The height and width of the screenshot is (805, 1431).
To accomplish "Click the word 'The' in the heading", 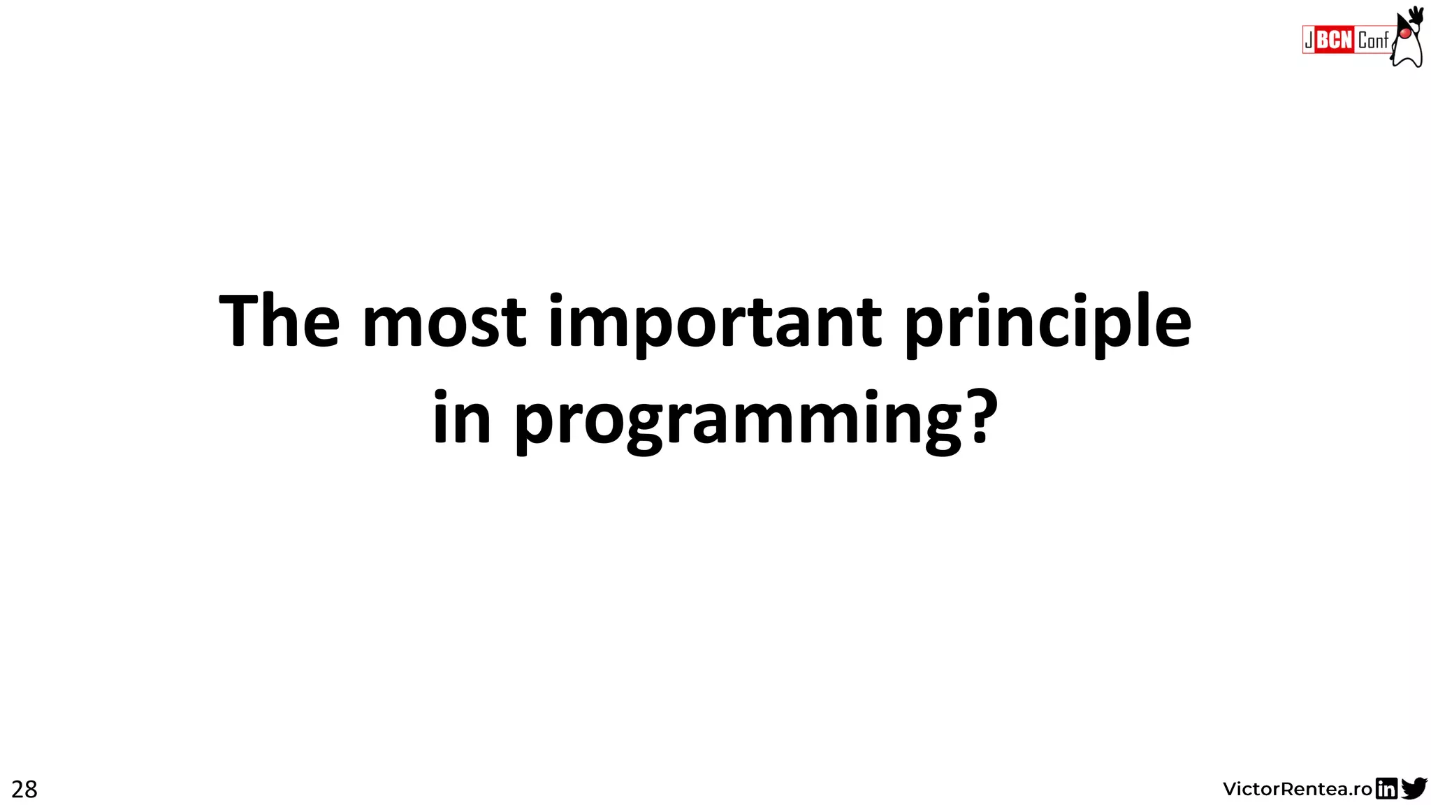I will (279, 321).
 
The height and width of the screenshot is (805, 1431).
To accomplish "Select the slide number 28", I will (24, 790).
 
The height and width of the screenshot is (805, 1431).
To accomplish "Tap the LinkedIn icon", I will (1386, 789).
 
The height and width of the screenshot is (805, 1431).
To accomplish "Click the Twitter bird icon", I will (1414, 788).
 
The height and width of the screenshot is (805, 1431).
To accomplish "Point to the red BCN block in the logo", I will (1335, 40).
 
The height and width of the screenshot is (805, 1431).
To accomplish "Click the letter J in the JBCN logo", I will (1309, 41).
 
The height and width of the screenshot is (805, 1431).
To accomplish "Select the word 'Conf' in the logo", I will (1372, 41).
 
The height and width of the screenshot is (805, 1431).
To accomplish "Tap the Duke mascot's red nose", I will (1404, 33).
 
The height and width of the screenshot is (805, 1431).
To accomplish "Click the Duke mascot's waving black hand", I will (1416, 14).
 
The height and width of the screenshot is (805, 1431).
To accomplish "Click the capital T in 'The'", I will (241, 321).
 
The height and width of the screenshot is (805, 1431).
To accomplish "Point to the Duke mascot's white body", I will (1410, 52).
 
